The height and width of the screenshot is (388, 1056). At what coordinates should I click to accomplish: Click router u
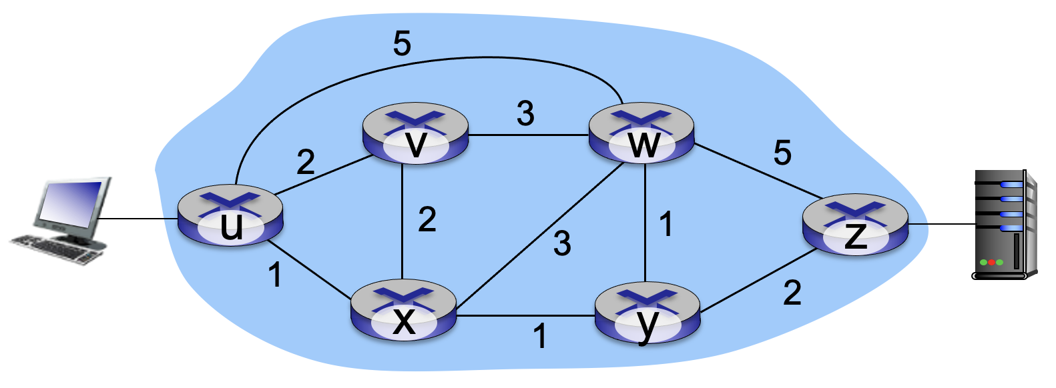[x=230, y=216]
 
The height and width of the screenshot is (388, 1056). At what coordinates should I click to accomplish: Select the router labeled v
[x=415, y=134]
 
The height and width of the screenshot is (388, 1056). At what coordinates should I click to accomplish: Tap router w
[x=641, y=134]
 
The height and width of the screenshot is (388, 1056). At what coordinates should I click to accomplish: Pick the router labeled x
[x=404, y=312]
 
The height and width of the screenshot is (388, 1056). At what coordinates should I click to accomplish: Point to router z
[x=855, y=225]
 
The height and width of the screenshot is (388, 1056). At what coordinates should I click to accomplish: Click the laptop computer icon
[x=63, y=220]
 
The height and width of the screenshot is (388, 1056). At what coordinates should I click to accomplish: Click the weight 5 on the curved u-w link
[x=402, y=44]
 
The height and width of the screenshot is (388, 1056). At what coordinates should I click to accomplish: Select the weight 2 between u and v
[x=305, y=162]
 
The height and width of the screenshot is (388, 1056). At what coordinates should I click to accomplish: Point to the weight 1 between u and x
[x=274, y=275]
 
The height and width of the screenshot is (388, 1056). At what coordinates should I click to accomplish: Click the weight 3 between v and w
[x=525, y=113]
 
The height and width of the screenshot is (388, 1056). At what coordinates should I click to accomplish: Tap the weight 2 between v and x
[x=427, y=219]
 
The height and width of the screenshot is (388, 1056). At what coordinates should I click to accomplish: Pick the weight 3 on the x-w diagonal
[x=562, y=243]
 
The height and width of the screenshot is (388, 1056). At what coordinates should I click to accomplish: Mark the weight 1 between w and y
[x=666, y=224]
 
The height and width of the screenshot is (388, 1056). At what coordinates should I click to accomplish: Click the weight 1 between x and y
[x=540, y=336]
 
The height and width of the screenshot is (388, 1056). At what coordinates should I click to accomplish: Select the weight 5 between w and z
[x=782, y=153]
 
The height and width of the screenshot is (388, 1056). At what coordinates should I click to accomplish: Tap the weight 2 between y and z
[x=792, y=293]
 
